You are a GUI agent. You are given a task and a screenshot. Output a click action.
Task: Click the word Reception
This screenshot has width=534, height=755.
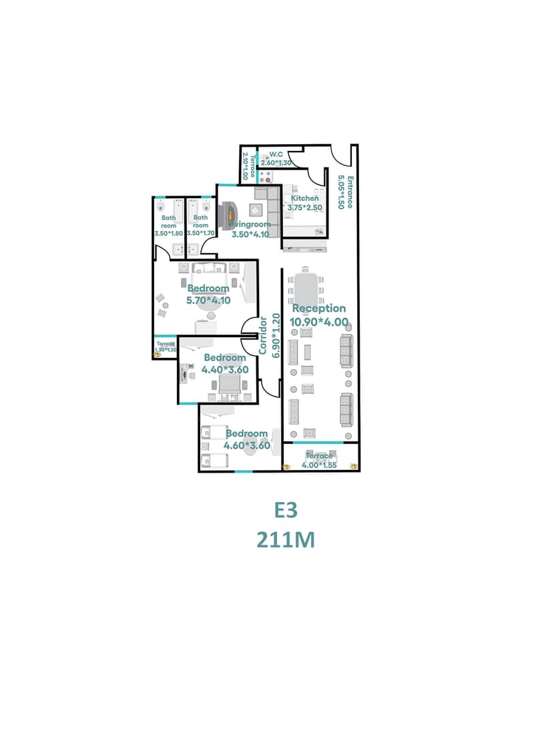[319, 308]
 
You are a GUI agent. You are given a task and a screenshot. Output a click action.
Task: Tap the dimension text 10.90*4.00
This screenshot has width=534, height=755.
[319, 322]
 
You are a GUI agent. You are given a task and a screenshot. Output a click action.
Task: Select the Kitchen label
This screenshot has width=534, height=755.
[304, 198]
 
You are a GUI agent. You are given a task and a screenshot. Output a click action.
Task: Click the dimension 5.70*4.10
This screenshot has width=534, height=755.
[208, 300]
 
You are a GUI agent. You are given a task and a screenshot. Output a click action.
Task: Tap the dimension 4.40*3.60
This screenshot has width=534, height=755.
[226, 369]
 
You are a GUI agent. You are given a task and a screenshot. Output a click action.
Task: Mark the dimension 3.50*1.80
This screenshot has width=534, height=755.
[168, 234]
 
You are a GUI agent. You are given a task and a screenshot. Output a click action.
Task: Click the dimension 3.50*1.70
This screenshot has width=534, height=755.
[200, 234]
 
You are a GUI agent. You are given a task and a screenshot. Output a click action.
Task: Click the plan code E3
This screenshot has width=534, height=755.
[285, 509]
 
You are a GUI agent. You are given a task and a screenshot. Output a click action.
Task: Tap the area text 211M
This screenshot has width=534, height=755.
[285, 539]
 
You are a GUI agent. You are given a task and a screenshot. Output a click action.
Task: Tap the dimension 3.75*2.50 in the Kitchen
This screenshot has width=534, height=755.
[304, 208]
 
